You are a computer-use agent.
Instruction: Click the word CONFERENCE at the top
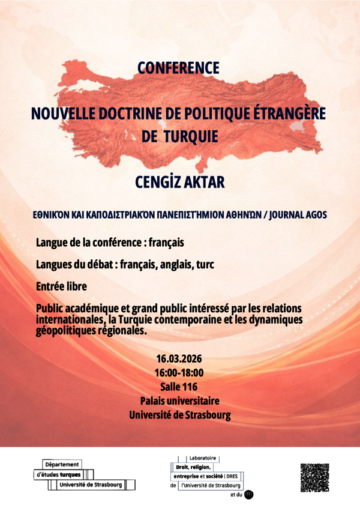point(178,68)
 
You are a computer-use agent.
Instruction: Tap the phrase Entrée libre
point(62,287)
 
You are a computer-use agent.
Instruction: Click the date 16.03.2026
point(179,358)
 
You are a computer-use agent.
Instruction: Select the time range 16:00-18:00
point(179,372)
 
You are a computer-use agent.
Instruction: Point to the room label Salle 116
point(179,387)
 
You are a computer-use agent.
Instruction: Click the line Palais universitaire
point(179,401)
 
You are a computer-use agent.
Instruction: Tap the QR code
point(314,477)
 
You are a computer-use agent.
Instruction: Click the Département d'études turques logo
point(85,475)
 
